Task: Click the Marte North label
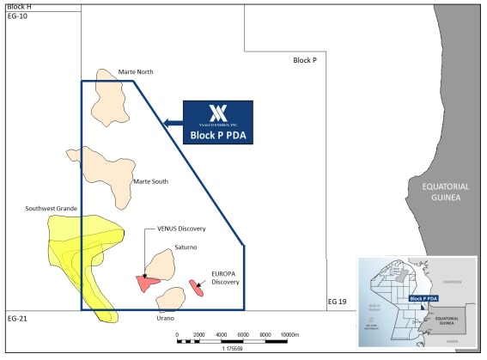pyautogui.click(x=136, y=71)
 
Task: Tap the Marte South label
pyautogui.click(x=150, y=181)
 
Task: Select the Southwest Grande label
pyautogui.click(x=51, y=208)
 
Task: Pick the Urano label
pyautogui.click(x=166, y=318)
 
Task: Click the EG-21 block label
pyautogui.click(x=17, y=319)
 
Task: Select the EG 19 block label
pyautogui.click(x=338, y=302)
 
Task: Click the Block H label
pyautogui.click(x=18, y=6)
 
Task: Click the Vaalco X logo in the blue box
pyautogui.click(x=217, y=113)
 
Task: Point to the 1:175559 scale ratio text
pyautogui.click(x=234, y=350)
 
